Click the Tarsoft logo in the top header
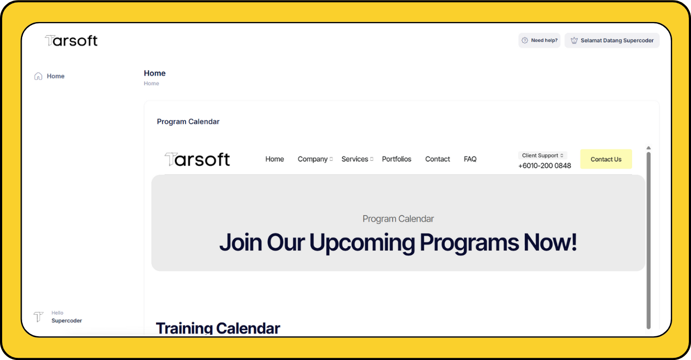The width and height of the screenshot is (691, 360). (x=71, y=40)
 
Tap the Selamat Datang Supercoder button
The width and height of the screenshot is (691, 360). (x=612, y=40)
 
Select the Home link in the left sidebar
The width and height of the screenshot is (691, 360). (x=56, y=76)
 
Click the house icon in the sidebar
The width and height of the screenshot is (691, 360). (x=38, y=76)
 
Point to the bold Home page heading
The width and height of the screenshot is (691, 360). (x=154, y=73)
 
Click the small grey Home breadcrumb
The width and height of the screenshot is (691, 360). (x=152, y=83)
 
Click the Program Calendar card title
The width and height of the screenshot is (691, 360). (x=188, y=121)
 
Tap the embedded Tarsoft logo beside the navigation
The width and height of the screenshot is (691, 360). (x=198, y=159)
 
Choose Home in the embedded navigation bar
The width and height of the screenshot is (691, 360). (x=275, y=159)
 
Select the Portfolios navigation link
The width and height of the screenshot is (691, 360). (x=396, y=159)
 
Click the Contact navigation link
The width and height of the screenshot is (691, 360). (x=437, y=159)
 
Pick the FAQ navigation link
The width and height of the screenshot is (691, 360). (x=470, y=159)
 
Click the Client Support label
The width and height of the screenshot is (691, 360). (x=540, y=155)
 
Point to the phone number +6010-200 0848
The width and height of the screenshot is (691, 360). (x=545, y=166)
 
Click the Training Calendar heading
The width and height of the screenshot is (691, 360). (x=218, y=328)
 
